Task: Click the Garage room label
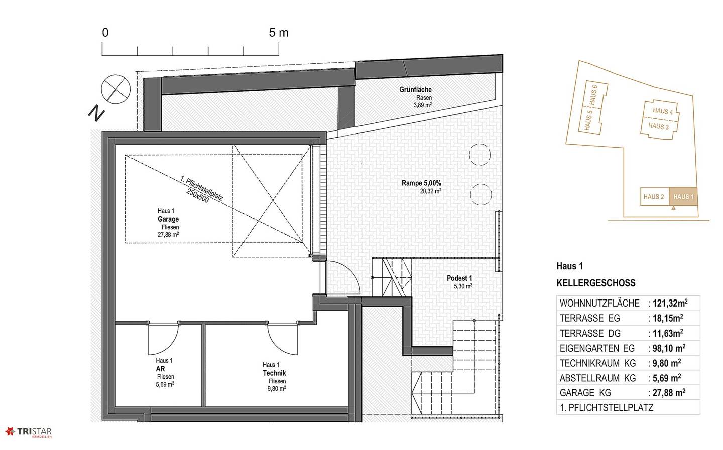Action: click(168, 219)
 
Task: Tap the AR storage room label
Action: click(161, 369)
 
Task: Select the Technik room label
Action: click(274, 373)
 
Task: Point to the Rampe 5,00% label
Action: click(421, 183)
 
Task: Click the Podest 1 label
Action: click(459, 278)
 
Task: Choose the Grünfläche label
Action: click(415, 90)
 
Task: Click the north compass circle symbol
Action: click(115, 89)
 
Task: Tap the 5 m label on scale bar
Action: click(279, 33)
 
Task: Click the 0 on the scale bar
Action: click(105, 33)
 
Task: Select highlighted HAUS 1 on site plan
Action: click(683, 197)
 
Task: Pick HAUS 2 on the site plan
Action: click(654, 197)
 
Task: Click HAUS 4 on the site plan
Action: click(663, 111)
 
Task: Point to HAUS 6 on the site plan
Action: click(593, 95)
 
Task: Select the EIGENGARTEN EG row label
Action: click(597, 348)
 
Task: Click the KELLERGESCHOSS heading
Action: click(596, 283)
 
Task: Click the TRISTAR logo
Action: click(29, 432)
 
